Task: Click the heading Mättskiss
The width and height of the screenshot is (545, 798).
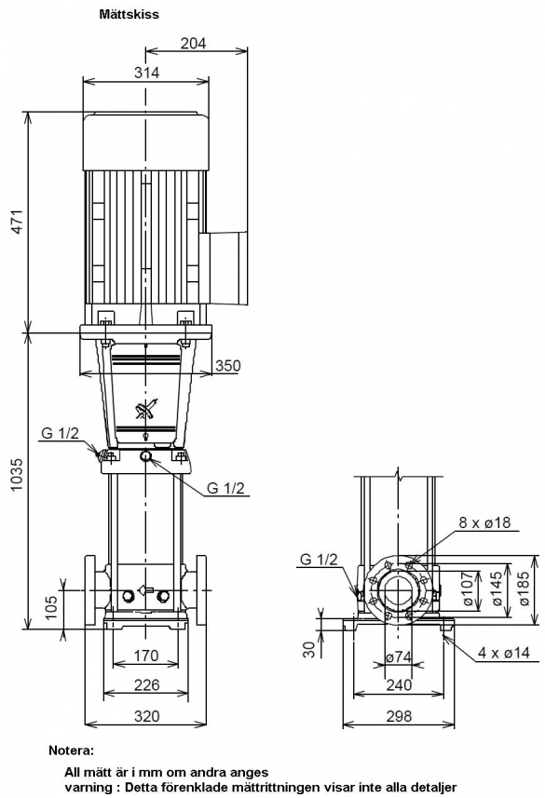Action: pyautogui.click(x=129, y=14)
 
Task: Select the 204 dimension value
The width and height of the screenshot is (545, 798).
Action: pyautogui.click(x=194, y=43)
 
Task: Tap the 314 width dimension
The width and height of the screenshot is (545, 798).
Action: pyautogui.click(x=146, y=73)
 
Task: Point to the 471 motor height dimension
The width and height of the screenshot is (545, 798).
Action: pyautogui.click(x=18, y=222)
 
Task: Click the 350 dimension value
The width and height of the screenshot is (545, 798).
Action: pyautogui.click(x=227, y=365)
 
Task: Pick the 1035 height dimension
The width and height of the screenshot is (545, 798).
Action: pyautogui.click(x=18, y=475)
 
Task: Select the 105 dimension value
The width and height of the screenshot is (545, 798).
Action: pyautogui.click(x=51, y=608)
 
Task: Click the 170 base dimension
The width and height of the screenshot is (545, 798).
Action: pyautogui.click(x=146, y=656)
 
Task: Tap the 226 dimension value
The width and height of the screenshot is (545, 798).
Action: pyautogui.click(x=146, y=685)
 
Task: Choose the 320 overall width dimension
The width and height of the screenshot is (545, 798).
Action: pyautogui.click(x=146, y=716)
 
